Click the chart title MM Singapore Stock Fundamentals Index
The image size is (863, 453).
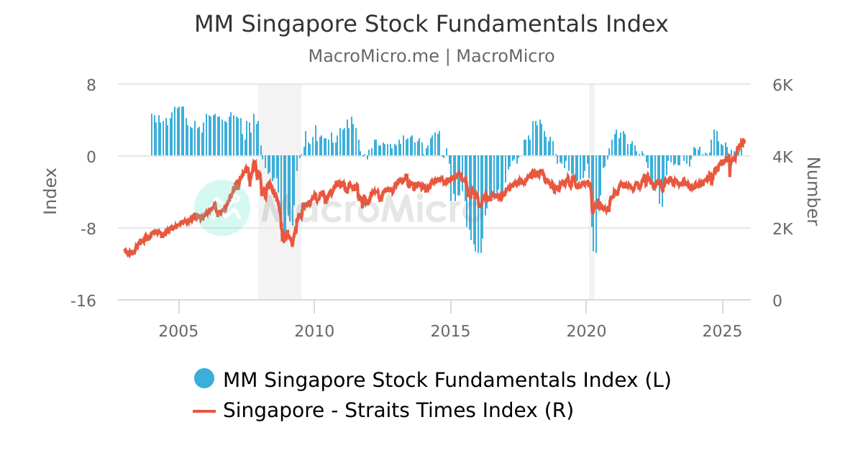(x=431, y=24)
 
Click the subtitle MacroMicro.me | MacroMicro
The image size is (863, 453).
(x=431, y=56)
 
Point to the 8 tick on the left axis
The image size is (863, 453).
(x=91, y=85)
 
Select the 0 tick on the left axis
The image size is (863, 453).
(x=91, y=157)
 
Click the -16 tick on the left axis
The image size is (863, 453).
(x=83, y=301)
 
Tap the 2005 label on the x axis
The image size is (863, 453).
(x=178, y=331)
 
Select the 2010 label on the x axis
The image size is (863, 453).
(x=314, y=331)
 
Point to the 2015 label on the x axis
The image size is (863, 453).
(x=450, y=331)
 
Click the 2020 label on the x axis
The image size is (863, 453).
(x=586, y=331)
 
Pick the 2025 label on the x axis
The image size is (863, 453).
(x=722, y=331)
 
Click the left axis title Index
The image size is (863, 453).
(x=50, y=191)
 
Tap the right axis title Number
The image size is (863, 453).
(x=812, y=191)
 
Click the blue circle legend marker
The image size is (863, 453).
(x=204, y=379)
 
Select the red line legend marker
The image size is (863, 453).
(x=204, y=411)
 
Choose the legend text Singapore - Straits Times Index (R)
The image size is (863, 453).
(x=398, y=411)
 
